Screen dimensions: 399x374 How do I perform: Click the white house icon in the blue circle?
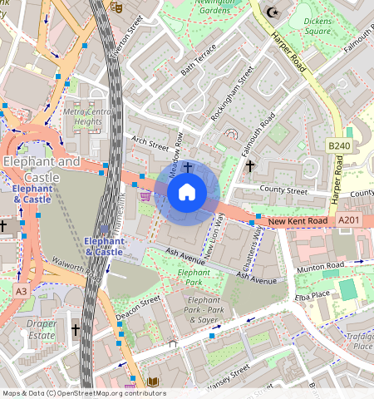(x=187, y=193)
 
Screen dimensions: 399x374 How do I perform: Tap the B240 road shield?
(x=338, y=145)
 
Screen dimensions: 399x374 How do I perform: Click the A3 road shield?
(x=21, y=291)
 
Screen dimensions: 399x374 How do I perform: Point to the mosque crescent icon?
(x=271, y=12)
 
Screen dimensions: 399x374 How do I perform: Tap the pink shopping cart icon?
(x=145, y=196)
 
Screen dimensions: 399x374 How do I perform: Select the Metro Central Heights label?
(x=87, y=116)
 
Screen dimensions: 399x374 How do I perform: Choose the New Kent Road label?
(x=297, y=221)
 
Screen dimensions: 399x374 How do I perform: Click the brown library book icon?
(x=152, y=382)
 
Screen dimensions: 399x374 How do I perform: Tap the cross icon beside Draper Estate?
(x=76, y=330)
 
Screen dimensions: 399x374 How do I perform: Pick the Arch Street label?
(x=150, y=143)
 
